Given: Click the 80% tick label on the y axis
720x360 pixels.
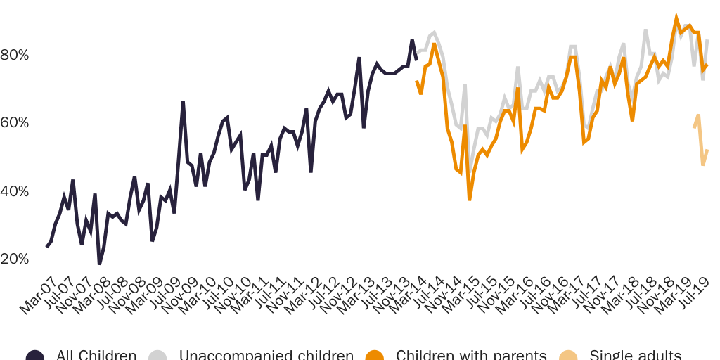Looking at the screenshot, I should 14,55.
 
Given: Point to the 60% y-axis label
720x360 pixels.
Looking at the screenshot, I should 14,123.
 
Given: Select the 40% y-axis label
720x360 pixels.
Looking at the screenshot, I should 14,191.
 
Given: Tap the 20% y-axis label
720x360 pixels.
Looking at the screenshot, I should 14,259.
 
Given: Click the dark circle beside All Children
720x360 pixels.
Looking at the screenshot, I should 35,356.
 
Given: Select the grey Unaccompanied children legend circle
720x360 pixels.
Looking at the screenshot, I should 158,356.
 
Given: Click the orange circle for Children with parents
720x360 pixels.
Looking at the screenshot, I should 375,356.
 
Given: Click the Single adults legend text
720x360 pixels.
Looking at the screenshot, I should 635,355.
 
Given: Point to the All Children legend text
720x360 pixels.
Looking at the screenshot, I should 96,355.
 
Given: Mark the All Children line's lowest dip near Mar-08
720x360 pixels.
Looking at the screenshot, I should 100,264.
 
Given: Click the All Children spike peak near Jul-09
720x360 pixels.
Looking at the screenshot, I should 183,103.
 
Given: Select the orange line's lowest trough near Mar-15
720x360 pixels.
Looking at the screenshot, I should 470,200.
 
